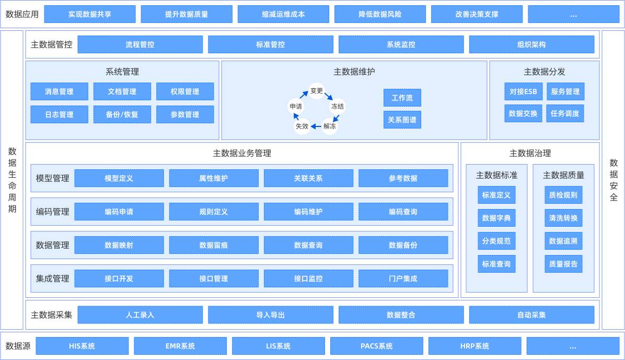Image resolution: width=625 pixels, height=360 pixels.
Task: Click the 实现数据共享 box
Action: (90, 14)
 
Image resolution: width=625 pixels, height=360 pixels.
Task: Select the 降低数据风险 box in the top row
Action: (380, 14)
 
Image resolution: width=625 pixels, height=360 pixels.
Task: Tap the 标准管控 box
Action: (270, 44)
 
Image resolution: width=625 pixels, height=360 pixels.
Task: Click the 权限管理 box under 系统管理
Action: (185, 91)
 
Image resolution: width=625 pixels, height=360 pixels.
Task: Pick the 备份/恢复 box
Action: (122, 114)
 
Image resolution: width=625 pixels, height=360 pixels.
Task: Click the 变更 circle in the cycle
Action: (317, 91)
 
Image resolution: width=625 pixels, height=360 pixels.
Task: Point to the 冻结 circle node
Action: (338, 106)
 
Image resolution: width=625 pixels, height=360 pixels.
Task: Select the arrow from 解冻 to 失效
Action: (316, 126)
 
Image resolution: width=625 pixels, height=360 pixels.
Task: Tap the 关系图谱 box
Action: (402, 120)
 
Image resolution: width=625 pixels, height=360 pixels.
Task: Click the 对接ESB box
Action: (524, 91)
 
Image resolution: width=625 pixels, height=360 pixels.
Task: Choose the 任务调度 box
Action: (565, 113)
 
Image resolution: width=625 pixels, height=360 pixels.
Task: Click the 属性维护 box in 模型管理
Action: (214, 178)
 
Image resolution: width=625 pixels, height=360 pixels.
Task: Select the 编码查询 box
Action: (403, 212)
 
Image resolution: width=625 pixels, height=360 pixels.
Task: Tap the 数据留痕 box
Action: (214, 245)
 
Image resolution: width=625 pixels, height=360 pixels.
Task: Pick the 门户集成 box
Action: (403, 278)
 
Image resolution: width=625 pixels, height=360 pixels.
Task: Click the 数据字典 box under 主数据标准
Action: (496, 218)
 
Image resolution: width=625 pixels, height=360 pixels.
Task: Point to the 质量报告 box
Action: (563, 264)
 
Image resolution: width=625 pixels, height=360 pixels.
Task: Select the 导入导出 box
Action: (270, 315)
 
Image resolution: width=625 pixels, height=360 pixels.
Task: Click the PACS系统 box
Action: (377, 346)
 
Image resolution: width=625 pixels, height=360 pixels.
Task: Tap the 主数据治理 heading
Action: (530, 153)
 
